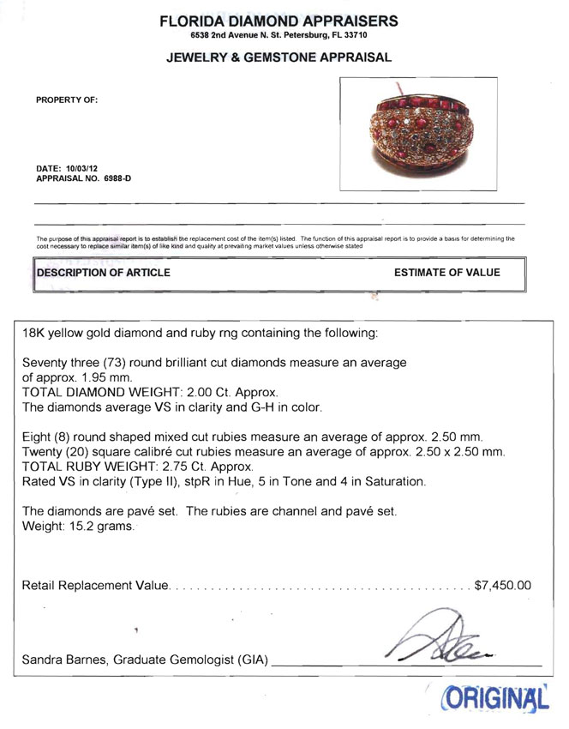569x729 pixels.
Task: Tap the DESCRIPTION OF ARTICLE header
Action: pos(103,273)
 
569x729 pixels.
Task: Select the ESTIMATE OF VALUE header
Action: pos(446,273)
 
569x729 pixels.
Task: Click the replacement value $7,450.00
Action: pos(502,586)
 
